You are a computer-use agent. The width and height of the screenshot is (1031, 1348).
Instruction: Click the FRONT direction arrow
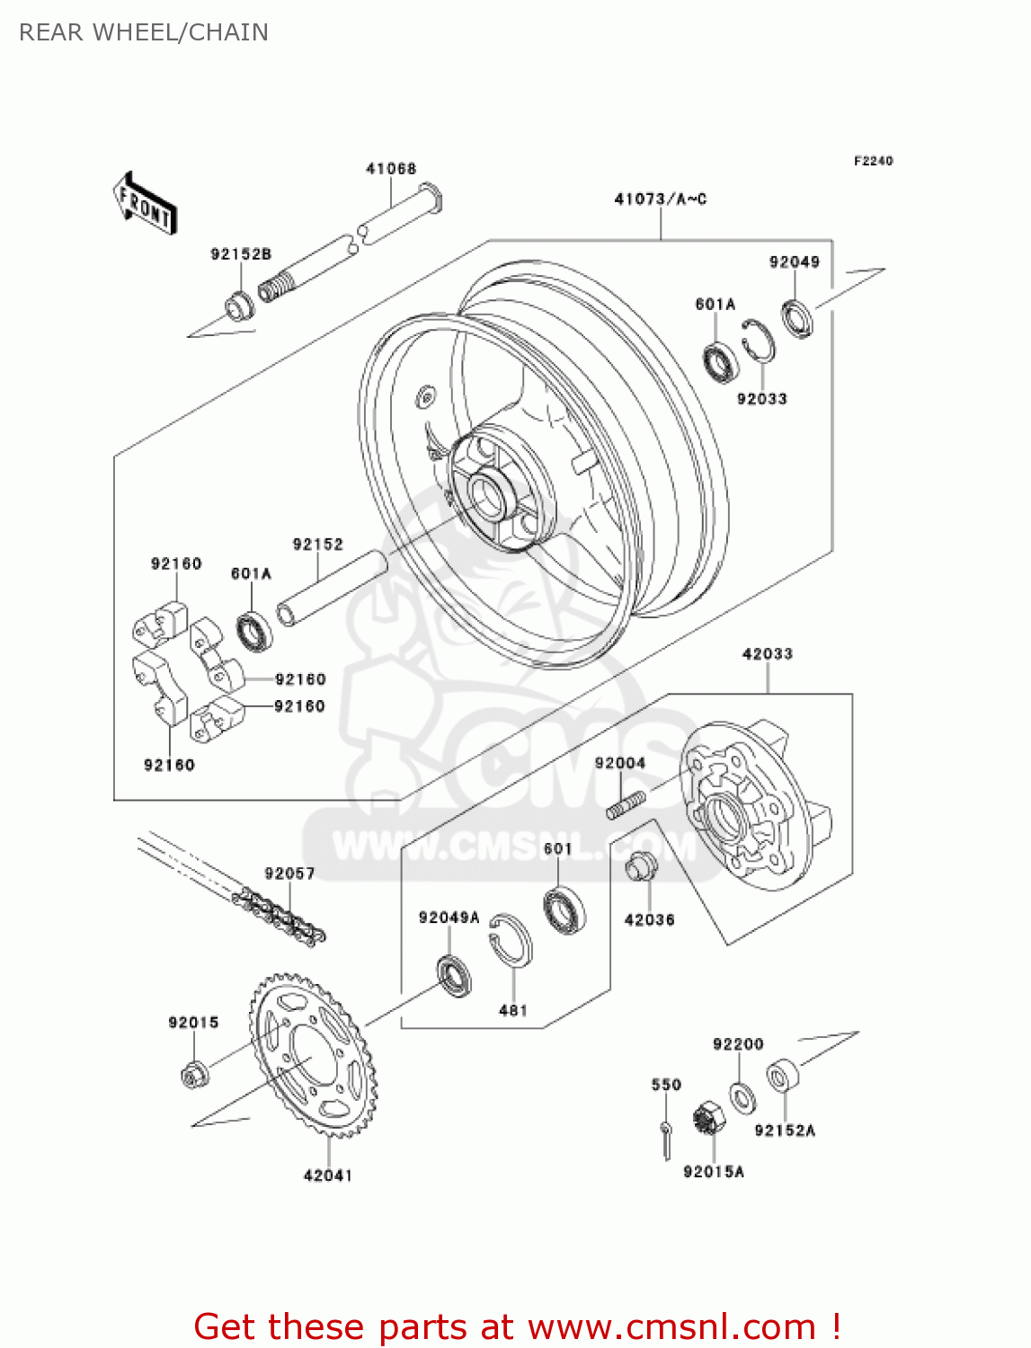[144, 204]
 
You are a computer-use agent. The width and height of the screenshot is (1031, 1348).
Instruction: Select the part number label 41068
[391, 169]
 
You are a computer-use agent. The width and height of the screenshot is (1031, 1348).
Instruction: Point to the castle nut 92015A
[709, 1119]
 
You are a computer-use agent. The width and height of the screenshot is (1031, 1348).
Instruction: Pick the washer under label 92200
[742, 1098]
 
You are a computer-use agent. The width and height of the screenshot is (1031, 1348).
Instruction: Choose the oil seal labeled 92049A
[454, 976]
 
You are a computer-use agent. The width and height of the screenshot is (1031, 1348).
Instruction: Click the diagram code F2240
[873, 161]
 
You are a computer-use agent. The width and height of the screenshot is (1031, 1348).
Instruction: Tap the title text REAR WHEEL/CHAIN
[144, 32]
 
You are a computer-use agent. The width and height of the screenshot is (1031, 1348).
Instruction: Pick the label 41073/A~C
[660, 199]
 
